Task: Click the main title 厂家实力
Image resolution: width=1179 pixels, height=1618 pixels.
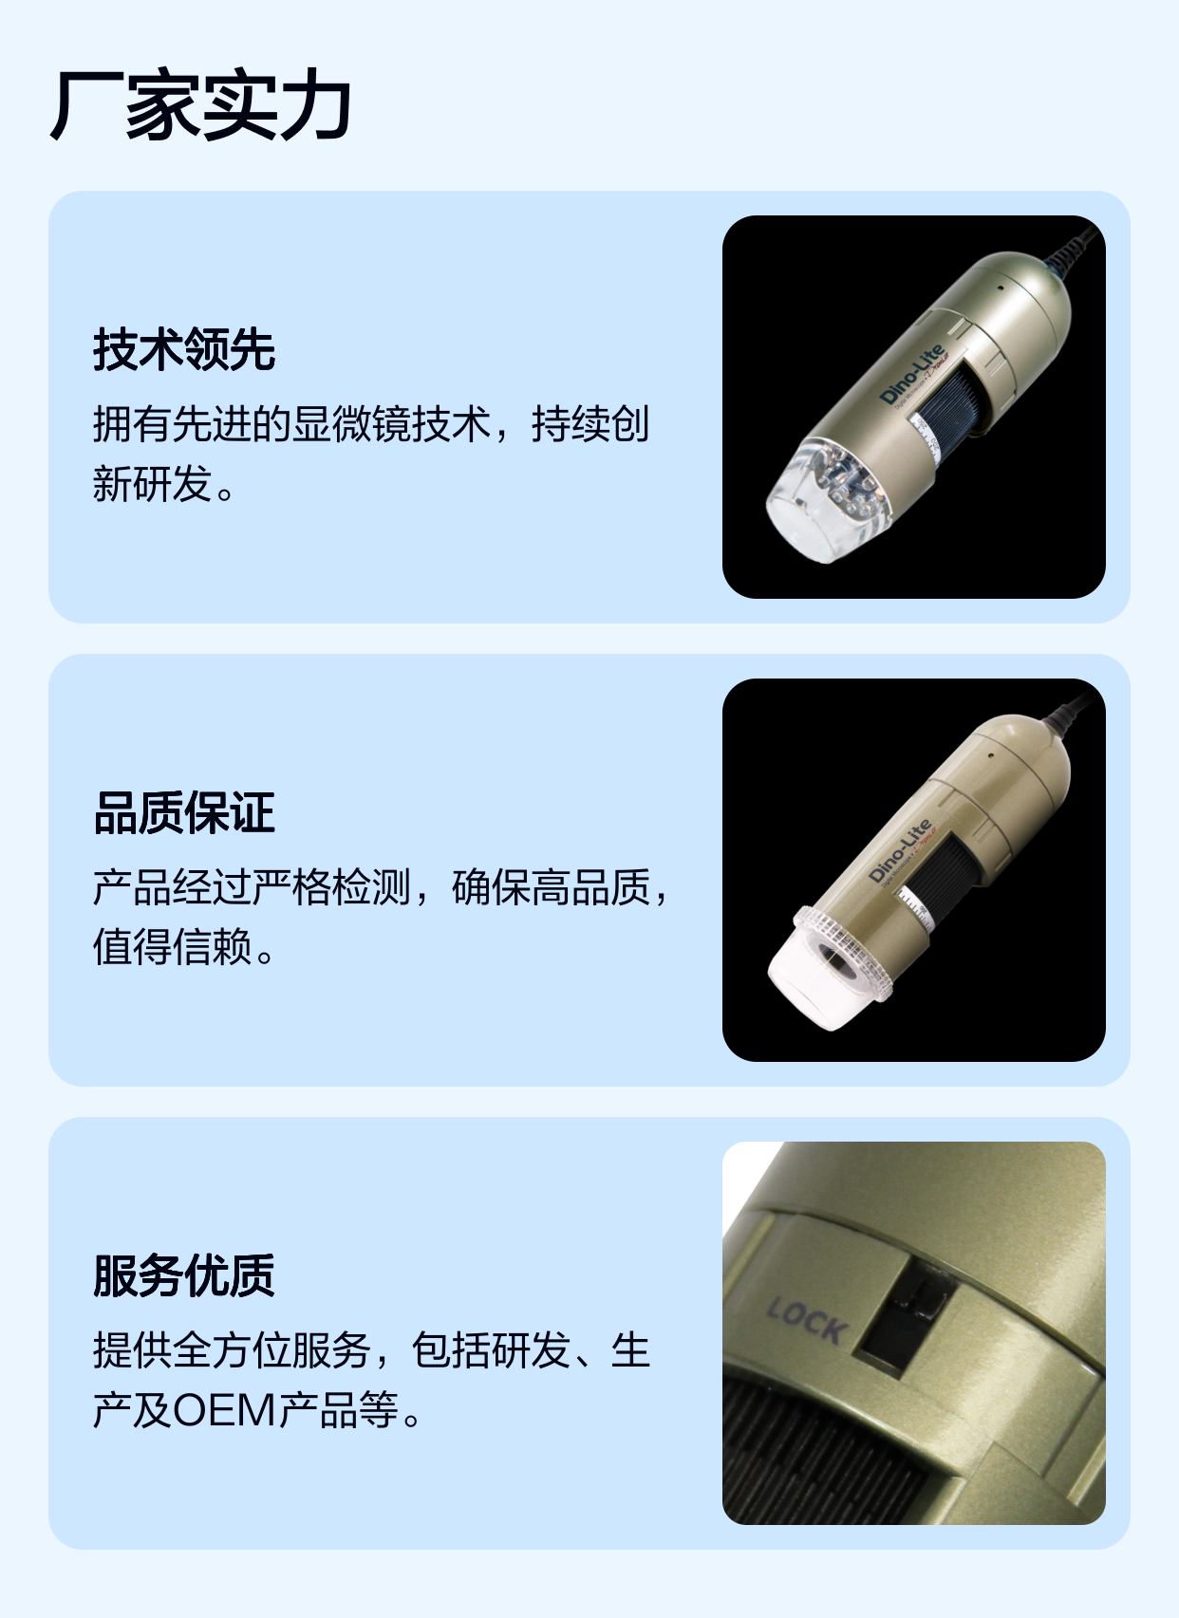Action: pos(200,104)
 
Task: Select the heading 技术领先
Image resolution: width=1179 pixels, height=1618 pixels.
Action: pos(183,349)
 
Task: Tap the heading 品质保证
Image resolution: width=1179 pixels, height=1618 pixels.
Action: pos(183,812)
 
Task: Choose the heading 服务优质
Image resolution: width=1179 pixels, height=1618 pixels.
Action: pos(183,1275)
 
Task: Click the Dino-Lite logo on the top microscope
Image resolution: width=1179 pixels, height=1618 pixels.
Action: pos(911,374)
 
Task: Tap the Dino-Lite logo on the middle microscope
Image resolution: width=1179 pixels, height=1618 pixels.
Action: pos(900,851)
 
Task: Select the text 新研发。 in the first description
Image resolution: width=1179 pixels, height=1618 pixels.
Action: pos(164,483)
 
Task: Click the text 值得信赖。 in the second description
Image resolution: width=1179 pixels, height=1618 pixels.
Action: pos(184,946)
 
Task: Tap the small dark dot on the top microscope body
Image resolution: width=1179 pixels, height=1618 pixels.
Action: pos(1001,287)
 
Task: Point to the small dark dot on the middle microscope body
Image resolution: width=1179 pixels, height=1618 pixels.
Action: pos(990,756)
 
